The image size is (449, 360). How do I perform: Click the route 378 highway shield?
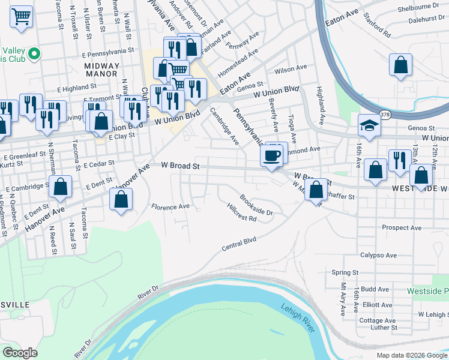385,115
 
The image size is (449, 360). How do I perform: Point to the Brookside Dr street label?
256,205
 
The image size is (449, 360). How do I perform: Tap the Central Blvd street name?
239,244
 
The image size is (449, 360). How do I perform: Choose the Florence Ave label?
170,207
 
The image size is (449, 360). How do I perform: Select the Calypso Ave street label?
378,255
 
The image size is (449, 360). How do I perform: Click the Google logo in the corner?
20,353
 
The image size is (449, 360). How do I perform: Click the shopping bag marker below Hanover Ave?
121,200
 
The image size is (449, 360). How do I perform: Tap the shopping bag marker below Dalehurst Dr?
400,66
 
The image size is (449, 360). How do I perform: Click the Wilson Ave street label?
291,70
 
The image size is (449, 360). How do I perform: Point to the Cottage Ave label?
378,320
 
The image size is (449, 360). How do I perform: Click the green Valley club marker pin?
34,54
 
